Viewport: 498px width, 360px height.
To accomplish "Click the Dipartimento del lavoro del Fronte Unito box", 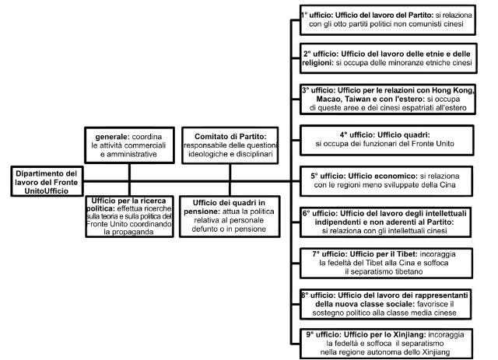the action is pos(47,181).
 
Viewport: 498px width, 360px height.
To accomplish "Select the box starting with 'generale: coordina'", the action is pos(130,145).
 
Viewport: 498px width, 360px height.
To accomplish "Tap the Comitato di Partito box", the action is pos(230,145).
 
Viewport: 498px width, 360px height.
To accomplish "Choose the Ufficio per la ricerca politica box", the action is pos(130,216).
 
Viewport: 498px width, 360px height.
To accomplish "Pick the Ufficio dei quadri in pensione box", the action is pos(230,216).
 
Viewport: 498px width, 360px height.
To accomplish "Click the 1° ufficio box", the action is pos(388,19).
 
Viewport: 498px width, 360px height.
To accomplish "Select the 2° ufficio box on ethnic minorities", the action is pos(388,58).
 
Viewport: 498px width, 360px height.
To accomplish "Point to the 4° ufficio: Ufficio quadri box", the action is pos(387,140).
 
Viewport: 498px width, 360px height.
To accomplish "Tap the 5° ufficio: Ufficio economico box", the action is pos(386,181).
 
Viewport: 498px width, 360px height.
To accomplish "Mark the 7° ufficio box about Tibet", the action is pos(386,263).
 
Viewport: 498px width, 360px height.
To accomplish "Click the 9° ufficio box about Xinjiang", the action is pos(386,344).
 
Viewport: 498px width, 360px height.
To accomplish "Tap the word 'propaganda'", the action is pos(128,232).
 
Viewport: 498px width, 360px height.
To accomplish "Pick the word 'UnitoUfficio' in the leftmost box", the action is pos(47,191).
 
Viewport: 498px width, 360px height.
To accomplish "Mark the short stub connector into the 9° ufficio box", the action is pos(296,344).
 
